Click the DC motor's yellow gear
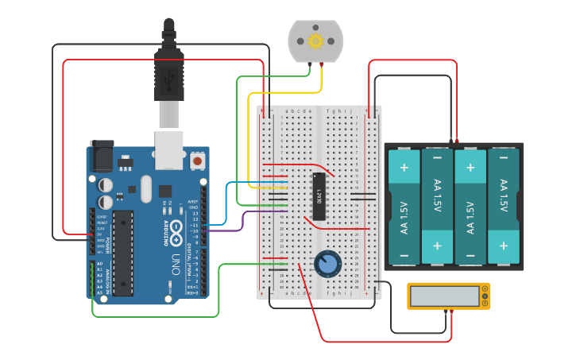click(x=315, y=41)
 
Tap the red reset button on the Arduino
click(x=197, y=161)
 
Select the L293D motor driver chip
click(x=319, y=195)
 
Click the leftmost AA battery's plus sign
click(x=404, y=168)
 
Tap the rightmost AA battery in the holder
click(x=503, y=207)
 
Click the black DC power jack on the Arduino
click(x=101, y=156)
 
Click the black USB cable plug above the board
click(x=168, y=72)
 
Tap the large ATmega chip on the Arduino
click(x=122, y=252)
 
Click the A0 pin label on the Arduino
click(x=99, y=263)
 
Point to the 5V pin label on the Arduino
click(x=100, y=234)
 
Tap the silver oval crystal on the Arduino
click(x=145, y=188)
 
